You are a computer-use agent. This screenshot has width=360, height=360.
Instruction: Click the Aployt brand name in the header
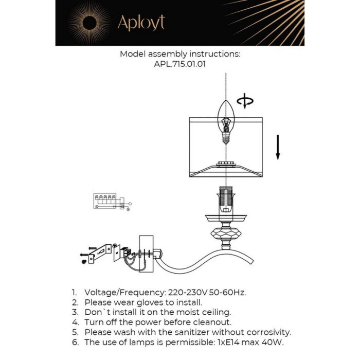pos(141,23)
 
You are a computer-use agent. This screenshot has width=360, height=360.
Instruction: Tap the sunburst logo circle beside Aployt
pos(89,23)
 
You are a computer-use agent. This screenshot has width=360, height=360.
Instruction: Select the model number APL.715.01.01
pos(180,64)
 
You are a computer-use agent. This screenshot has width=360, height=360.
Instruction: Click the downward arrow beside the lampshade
pos(278,147)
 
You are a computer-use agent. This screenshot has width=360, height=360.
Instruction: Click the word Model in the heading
pos(133,53)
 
